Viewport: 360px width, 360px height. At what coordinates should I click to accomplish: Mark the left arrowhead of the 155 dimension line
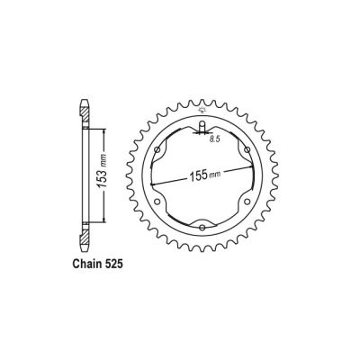click(154, 184)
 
